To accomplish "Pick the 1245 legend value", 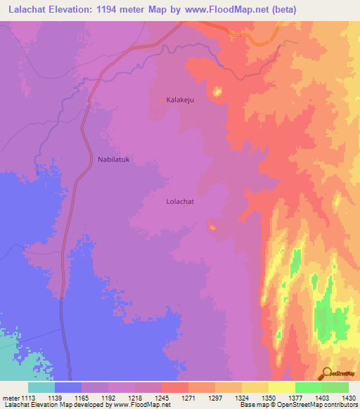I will click(161, 397).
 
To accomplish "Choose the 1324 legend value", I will click(241, 397).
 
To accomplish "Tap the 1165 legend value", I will click(82, 397).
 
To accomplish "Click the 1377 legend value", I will click(295, 397).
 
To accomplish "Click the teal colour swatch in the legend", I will click(41, 387).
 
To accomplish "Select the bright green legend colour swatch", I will click(308, 387).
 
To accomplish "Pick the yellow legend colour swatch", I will click(281, 387).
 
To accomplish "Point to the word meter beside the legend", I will click(11, 397).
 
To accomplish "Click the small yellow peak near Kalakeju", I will click(217, 91).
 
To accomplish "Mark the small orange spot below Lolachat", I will click(212, 226).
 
